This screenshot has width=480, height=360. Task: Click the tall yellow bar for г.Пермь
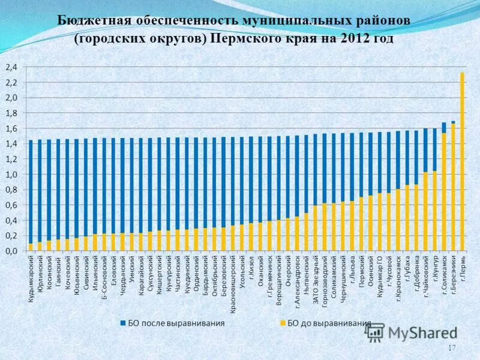pos(462,162)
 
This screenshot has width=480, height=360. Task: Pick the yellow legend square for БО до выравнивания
pos(283,323)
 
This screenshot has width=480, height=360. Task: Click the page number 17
pos(452,348)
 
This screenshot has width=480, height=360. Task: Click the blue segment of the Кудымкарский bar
pos(31,192)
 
